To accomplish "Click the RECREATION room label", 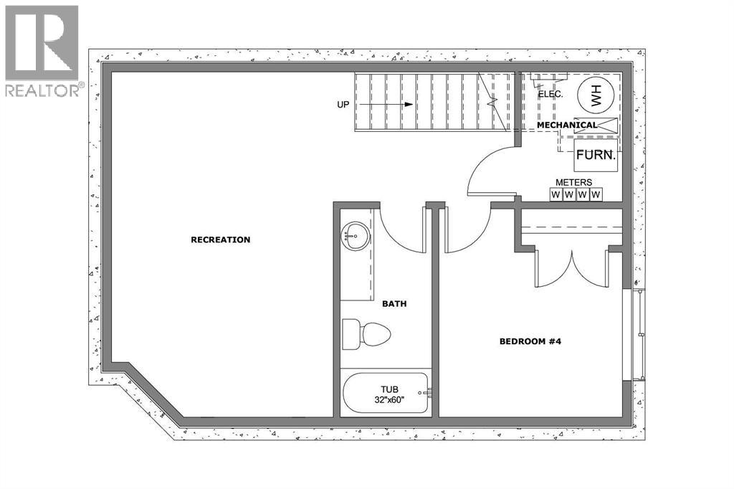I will [x=220, y=239].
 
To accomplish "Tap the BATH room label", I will [x=394, y=304].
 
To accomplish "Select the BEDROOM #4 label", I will [x=529, y=341].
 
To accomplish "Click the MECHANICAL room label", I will [x=566, y=125].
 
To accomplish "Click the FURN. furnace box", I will [x=596, y=154].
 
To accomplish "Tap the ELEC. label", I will [x=550, y=94].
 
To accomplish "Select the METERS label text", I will [x=575, y=182].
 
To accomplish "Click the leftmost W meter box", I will [x=556, y=194].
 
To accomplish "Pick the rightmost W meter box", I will [x=594, y=194].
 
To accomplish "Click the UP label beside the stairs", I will [x=345, y=105].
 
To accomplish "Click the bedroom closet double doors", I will [x=571, y=269].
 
